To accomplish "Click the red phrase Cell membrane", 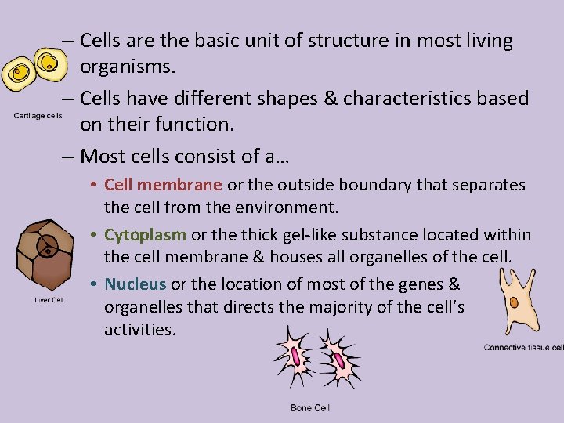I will (x=163, y=186).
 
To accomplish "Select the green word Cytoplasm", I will (x=145, y=235).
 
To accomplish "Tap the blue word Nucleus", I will (x=135, y=284).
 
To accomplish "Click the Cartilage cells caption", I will (x=38, y=117).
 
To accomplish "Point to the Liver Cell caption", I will (x=49, y=300).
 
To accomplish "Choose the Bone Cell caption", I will (x=310, y=408).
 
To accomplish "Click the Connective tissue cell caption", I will (x=523, y=348).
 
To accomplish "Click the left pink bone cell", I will (x=297, y=357).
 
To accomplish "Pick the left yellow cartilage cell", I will (x=19, y=74).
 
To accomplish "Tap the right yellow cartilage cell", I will (x=49, y=63).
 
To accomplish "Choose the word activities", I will (x=139, y=329).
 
